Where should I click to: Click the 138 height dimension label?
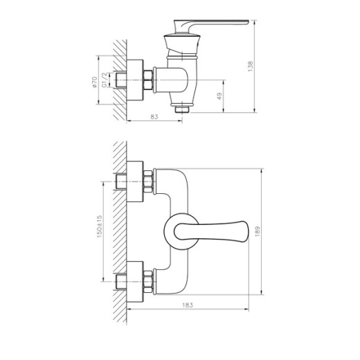coord(251,66)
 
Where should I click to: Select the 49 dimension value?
coord(219,96)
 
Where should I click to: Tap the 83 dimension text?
coord(154,117)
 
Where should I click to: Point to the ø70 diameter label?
coord(94,82)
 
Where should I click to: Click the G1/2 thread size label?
coord(105,80)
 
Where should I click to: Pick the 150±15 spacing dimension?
coord(99,226)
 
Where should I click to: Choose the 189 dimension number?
coord(258,231)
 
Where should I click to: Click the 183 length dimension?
coord(188,305)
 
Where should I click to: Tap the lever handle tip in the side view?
coord(247,22)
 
